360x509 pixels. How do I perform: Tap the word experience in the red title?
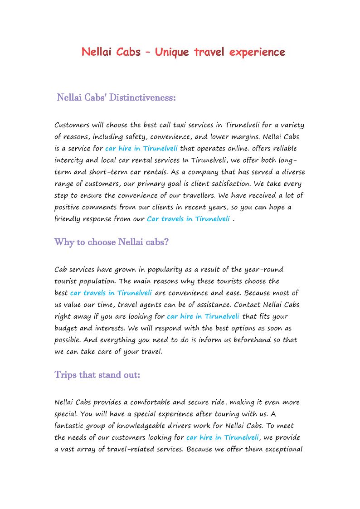[257, 52]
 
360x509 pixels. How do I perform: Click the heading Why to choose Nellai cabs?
[112, 242]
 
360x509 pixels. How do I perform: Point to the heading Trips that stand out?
[97, 375]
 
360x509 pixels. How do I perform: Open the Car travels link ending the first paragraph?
[188, 219]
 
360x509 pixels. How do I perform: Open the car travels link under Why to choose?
[111, 293]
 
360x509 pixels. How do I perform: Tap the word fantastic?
[69, 426]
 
